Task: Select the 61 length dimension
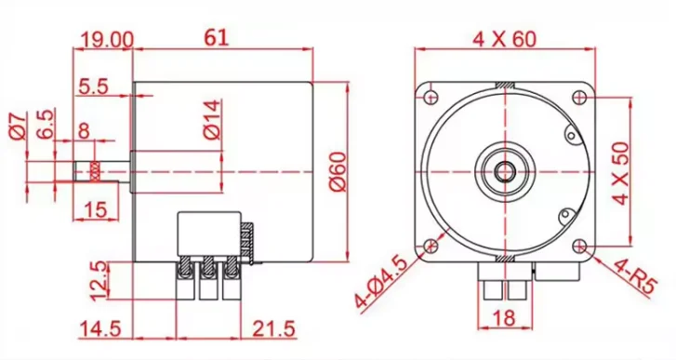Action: [x=216, y=37]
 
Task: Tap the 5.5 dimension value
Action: [x=93, y=87]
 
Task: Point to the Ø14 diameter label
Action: [x=212, y=120]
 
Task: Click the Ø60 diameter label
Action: [x=338, y=171]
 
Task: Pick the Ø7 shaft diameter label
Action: [x=18, y=127]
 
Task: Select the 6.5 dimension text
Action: [x=46, y=124]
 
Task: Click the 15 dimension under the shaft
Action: [x=95, y=209]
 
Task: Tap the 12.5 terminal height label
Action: [x=99, y=280]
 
